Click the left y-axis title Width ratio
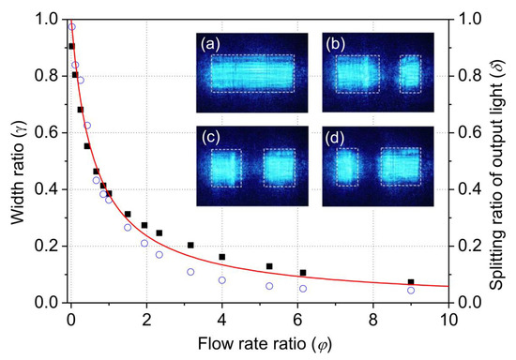[15, 159]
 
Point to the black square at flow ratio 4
[222, 257]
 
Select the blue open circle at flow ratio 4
[222, 280]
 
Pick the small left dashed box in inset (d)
[347, 166]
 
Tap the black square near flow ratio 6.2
[303, 273]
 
